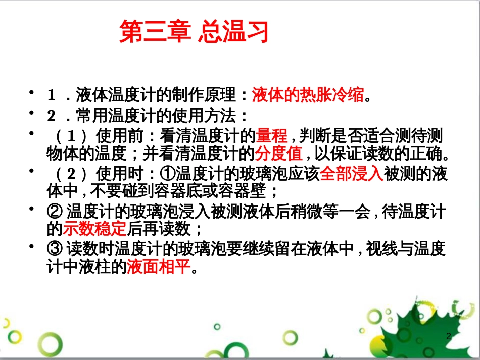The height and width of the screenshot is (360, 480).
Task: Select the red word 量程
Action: click(x=272, y=136)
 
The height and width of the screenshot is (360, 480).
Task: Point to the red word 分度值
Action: click(x=279, y=152)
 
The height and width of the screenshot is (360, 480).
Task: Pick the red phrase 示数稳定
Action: click(x=94, y=230)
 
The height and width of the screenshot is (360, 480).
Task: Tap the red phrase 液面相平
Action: click(x=160, y=266)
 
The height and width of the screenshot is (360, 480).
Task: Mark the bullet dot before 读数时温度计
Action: click(x=33, y=246)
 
